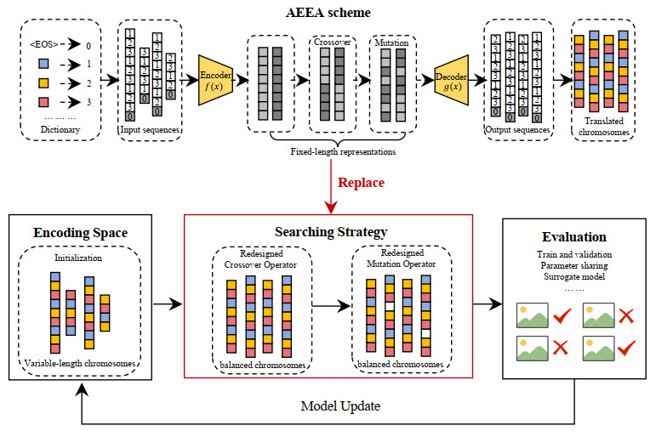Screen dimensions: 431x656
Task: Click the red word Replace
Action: coord(361,182)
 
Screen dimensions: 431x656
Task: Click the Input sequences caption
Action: coord(150,130)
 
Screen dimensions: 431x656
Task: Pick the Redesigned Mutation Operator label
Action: coord(400,259)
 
